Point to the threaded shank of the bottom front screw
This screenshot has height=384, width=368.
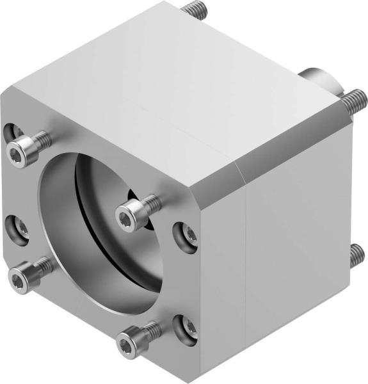point(148,330)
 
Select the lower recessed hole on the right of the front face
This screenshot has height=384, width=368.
point(186,324)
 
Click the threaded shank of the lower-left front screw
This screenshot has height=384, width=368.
point(40,265)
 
